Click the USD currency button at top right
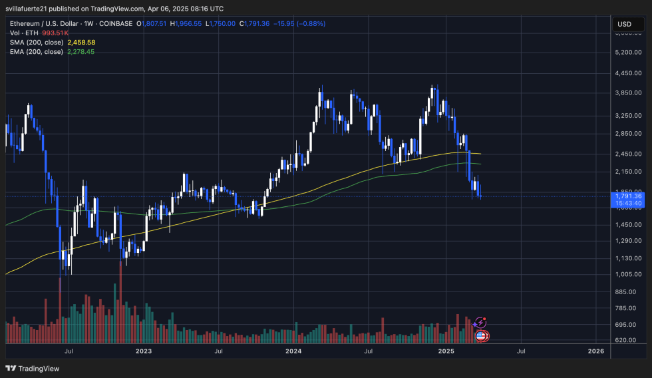[x=624, y=24]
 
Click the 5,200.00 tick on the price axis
[x=628, y=52]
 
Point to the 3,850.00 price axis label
[x=628, y=93]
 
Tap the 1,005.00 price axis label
[x=628, y=274]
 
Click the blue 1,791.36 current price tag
[x=628, y=196]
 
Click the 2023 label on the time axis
[x=144, y=351]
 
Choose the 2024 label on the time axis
[x=294, y=351]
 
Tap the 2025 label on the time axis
[x=445, y=351]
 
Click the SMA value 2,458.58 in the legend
[x=81, y=42]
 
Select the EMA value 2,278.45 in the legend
[x=81, y=51]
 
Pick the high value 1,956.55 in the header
[x=188, y=24]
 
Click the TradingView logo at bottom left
[x=33, y=368]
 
